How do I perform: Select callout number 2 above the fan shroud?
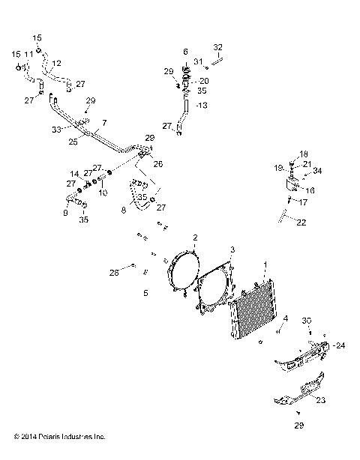tap(195, 237)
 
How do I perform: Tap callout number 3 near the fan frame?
tap(232, 249)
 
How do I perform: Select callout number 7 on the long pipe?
tap(104, 122)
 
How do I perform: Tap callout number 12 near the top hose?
tap(57, 63)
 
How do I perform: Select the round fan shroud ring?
tap(179, 277)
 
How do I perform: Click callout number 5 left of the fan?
tap(146, 294)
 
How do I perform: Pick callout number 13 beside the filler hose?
tap(199, 105)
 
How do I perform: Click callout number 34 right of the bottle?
tap(317, 171)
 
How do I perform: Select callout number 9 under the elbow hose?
tap(65, 213)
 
